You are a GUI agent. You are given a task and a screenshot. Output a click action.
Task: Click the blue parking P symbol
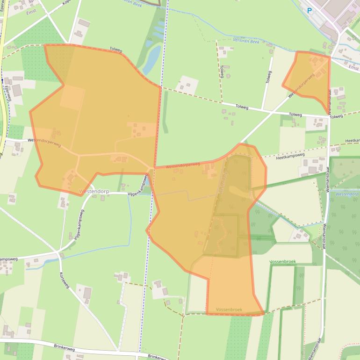309,10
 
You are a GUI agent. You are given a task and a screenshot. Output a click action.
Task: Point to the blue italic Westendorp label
346,194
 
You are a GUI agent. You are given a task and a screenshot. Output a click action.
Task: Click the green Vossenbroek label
283,262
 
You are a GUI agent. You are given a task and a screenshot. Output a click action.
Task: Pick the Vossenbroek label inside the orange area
229,310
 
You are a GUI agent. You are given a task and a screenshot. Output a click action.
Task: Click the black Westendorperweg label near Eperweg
44,142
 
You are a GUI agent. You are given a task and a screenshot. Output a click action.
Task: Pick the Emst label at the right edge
354,68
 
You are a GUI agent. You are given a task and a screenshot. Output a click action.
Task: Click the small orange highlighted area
310,77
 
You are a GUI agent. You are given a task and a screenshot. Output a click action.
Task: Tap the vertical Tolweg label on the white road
268,77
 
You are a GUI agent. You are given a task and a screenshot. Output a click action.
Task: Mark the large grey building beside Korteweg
87,293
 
